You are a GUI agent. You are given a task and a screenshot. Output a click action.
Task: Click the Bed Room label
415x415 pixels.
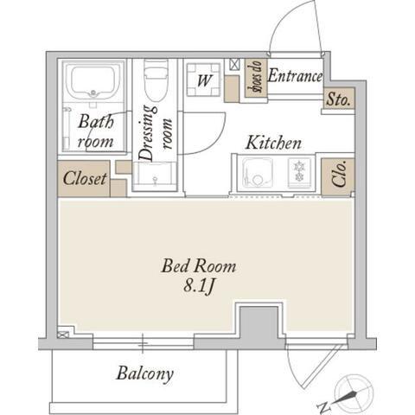[x=199, y=265]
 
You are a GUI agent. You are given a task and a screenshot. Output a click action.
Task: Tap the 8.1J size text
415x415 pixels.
[x=199, y=286]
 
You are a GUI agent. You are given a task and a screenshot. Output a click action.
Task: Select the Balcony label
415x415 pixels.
[x=145, y=373]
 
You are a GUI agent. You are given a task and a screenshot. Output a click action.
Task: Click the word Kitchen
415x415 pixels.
[x=273, y=143]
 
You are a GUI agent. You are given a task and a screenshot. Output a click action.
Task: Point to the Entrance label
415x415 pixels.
[x=295, y=76]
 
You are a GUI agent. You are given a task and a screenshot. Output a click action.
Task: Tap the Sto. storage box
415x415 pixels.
[x=339, y=99]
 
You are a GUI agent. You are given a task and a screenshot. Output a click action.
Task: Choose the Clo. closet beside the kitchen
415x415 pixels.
[x=338, y=176]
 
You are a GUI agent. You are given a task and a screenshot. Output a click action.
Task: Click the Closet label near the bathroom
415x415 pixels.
[x=85, y=178]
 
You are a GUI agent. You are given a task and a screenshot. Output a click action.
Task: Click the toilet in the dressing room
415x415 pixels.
[x=156, y=80]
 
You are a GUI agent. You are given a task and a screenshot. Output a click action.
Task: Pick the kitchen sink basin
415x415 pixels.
[x=258, y=174]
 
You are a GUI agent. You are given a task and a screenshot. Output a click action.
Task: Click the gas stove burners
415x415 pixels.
[x=299, y=173]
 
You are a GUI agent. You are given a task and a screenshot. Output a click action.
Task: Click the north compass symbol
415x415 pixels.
[x=354, y=393]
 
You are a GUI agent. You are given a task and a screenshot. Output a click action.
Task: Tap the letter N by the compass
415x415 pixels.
[x=323, y=406]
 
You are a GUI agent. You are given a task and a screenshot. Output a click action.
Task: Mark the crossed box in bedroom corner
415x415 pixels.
[x=63, y=335]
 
